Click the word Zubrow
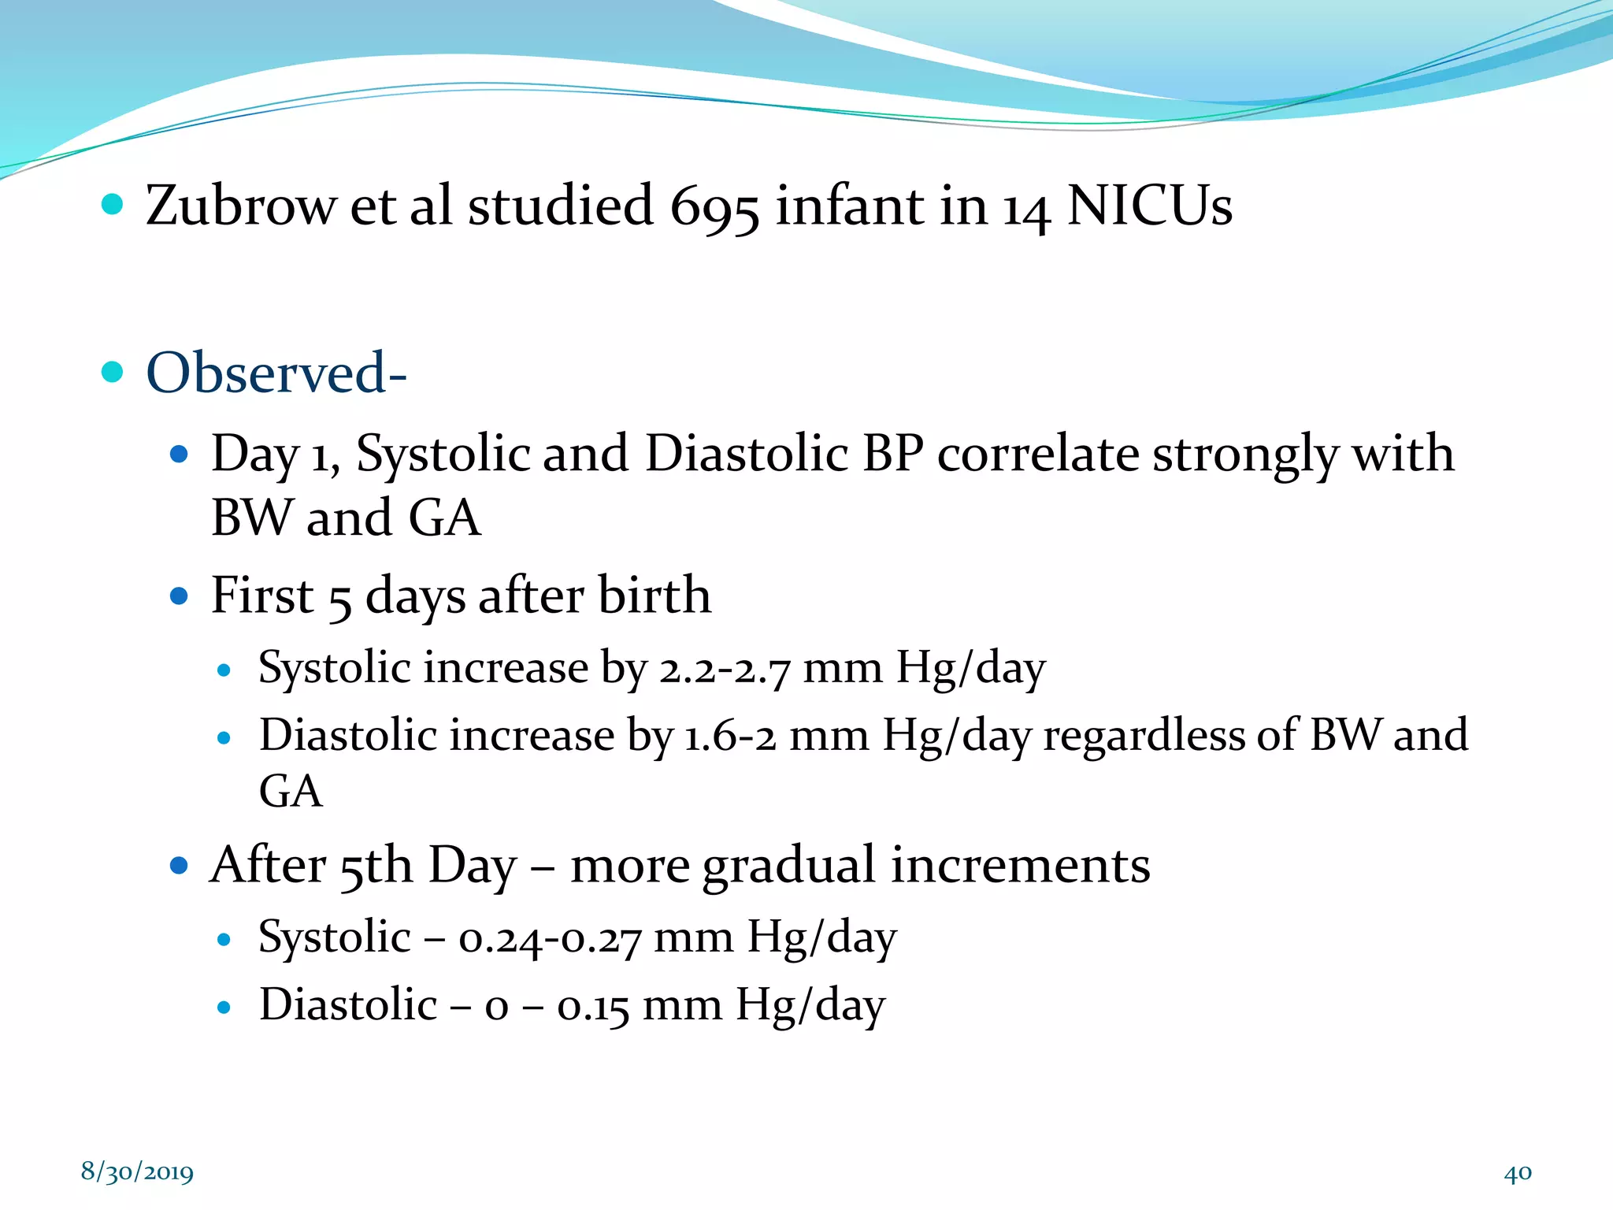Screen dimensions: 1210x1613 click(x=240, y=206)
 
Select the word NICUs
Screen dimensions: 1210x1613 click(x=1149, y=206)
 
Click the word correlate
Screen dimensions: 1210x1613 click(x=1037, y=455)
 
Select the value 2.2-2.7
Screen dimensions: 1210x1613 click(x=724, y=670)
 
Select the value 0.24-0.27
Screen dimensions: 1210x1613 click(x=549, y=939)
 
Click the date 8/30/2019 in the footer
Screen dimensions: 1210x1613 click(x=137, y=1172)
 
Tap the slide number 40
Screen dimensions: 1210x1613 click(x=1517, y=1173)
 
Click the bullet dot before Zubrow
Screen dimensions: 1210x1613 click(x=113, y=205)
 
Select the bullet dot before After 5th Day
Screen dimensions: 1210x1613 click(x=179, y=866)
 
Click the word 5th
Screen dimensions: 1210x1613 click(x=376, y=867)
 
